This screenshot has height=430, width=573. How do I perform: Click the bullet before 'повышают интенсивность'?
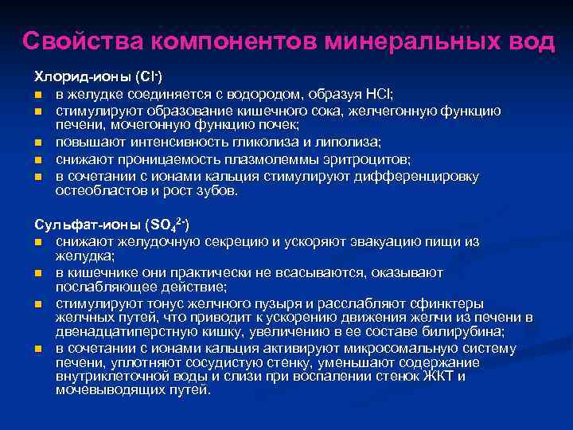tap(38, 143)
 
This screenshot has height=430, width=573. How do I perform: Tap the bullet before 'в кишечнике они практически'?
tap(38, 273)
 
